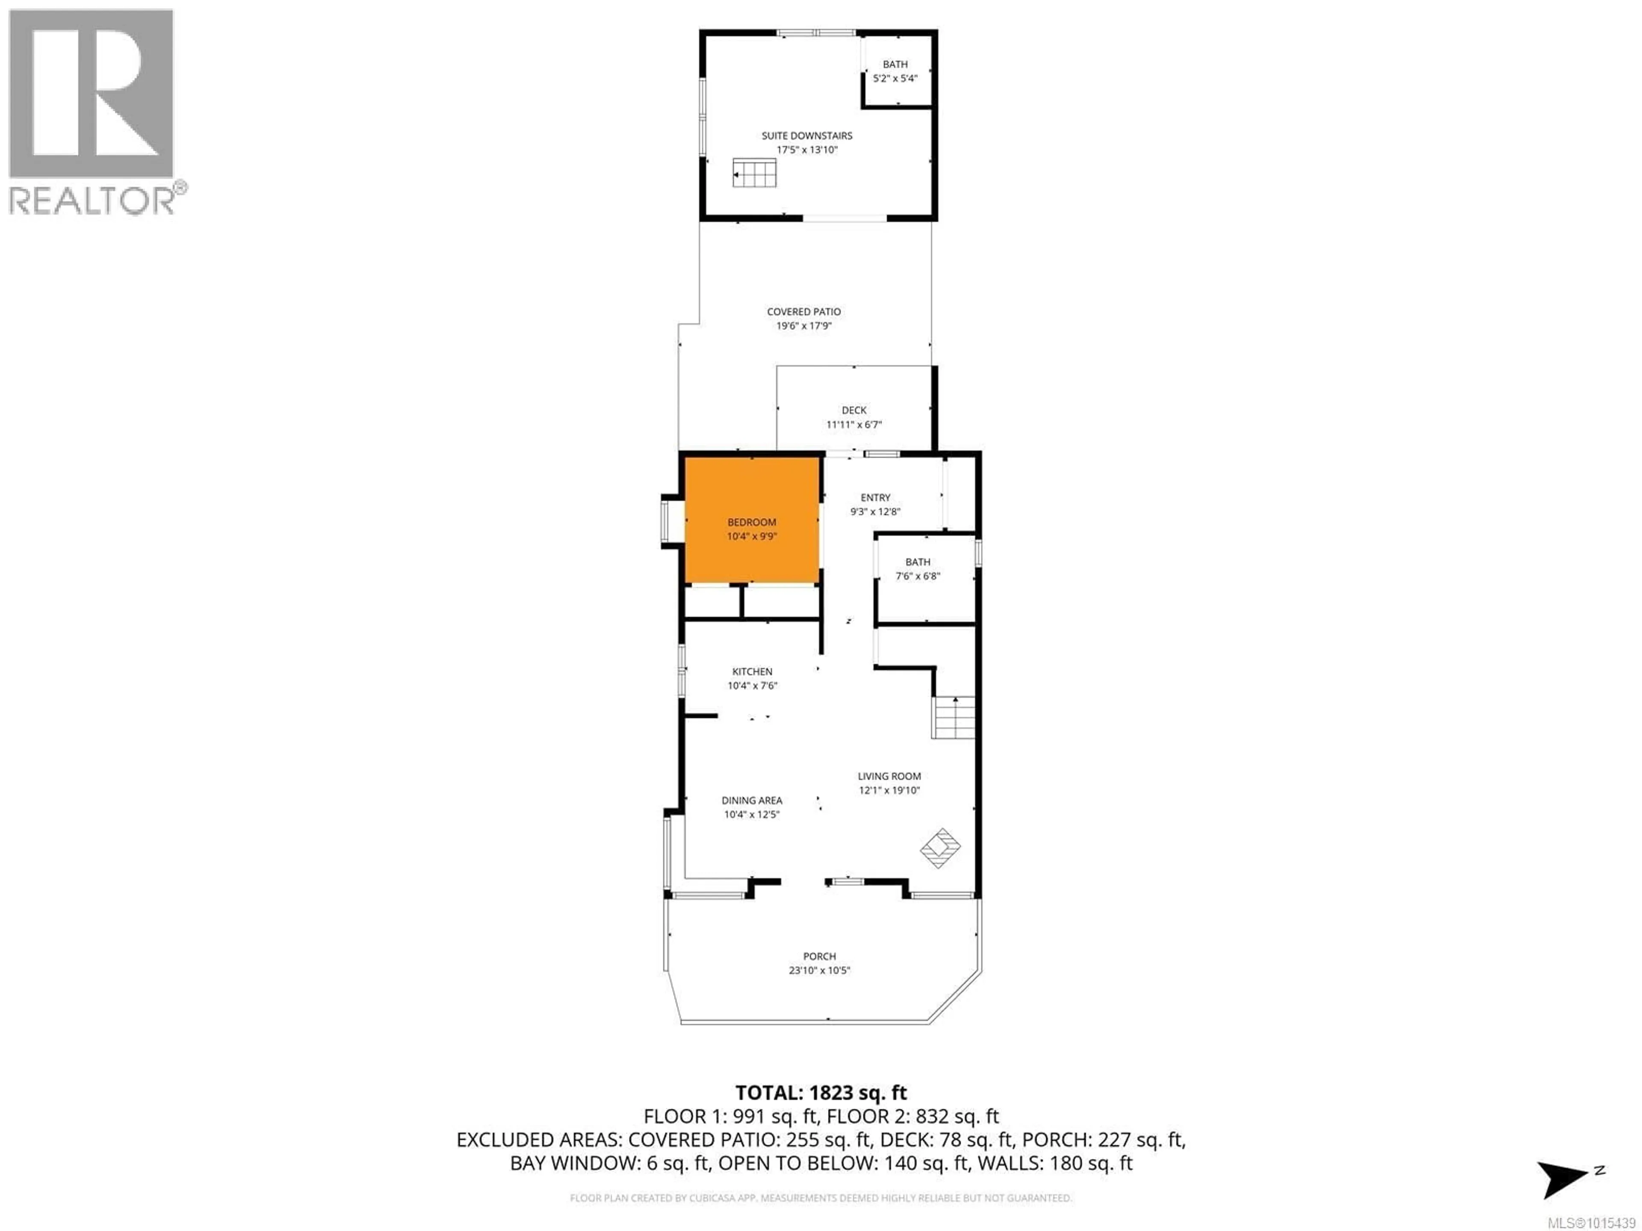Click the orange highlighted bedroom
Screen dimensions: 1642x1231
tap(752, 521)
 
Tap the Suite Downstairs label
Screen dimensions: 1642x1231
tap(807, 136)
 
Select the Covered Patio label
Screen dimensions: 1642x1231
tap(804, 312)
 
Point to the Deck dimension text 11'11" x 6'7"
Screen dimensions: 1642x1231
tap(853, 424)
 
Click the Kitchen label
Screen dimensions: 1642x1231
tap(752, 671)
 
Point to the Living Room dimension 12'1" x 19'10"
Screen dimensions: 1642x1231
tap(889, 790)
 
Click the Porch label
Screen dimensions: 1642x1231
tap(820, 957)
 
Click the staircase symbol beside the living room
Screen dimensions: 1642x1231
tap(954, 718)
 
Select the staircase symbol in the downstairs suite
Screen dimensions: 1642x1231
tap(754, 173)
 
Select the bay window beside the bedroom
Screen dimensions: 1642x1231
tap(673, 521)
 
